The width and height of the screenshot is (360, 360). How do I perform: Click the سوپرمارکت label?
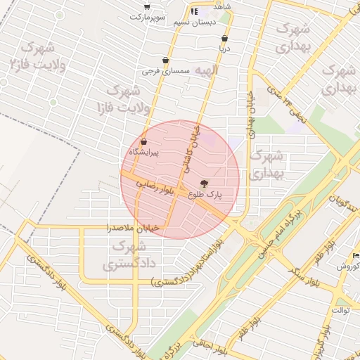[151, 15]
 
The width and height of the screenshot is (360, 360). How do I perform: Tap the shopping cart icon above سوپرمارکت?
[146, 6]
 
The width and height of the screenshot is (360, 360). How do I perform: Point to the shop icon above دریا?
[224, 39]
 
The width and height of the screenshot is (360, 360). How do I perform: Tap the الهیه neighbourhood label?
[207, 71]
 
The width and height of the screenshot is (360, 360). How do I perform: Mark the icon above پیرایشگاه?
[143, 142]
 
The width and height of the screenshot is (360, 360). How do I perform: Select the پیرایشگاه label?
[143, 152]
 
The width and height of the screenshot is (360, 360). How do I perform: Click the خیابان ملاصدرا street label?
[133, 228]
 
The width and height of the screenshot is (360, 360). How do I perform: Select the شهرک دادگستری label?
[128, 255]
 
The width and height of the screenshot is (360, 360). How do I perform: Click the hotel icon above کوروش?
[356, 255]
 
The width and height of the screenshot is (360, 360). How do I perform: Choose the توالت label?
[341, 310]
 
